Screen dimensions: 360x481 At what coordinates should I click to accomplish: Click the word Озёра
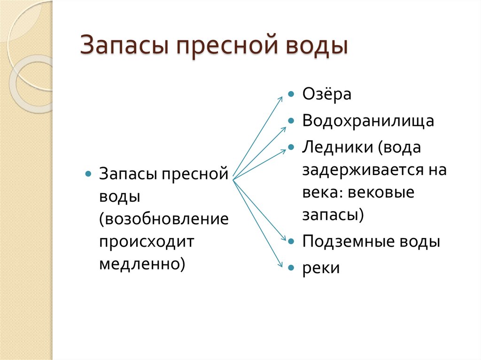pos(327,94)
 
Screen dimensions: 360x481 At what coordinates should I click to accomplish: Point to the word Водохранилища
pos(368,121)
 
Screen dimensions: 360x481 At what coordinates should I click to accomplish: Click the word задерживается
pos(358,169)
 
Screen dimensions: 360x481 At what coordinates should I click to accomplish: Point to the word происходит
pos(146,242)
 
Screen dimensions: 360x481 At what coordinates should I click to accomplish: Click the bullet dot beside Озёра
pos(292,94)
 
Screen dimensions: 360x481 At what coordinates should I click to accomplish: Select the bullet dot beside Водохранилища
pos(292,121)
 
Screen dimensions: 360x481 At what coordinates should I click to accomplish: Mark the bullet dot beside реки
pos(292,268)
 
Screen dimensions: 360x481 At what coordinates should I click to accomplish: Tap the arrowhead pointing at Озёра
pos(281,98)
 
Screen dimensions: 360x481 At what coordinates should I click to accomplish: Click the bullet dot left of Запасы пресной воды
pos(88,174)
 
